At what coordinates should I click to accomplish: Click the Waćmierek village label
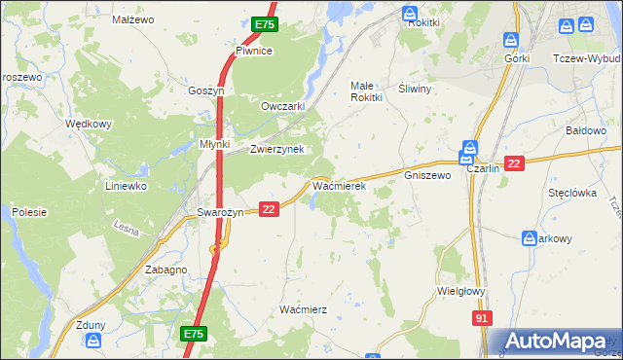338,185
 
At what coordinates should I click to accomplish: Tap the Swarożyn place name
218,213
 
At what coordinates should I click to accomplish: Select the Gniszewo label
426,176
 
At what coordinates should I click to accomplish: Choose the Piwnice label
253,51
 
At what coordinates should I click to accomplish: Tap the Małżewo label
133,19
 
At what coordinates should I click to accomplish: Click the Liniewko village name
126,185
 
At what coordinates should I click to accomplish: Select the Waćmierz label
303,308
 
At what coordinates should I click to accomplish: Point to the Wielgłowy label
462,290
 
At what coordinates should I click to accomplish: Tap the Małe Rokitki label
368,91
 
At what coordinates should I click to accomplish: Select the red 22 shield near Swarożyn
270,208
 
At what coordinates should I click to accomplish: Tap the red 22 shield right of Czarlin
515,163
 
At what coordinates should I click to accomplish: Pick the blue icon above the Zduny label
93,340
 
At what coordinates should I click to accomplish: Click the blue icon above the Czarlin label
468,150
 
